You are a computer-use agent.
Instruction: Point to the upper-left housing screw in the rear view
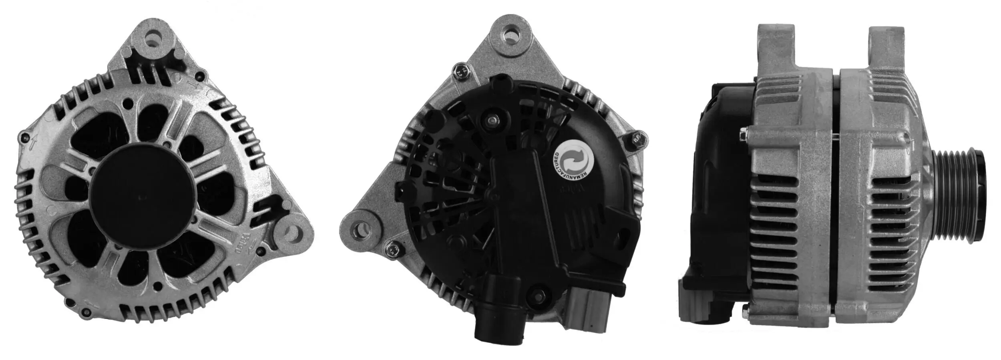[x=460, y=73]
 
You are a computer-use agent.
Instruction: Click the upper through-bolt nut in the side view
[x=744, y=135]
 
